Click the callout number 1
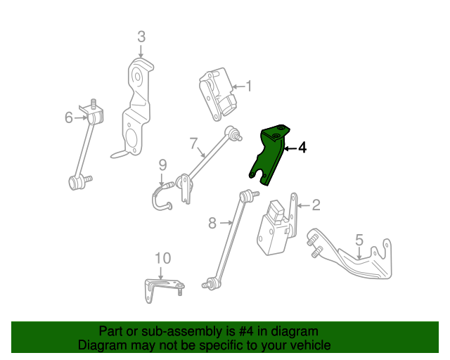click(x=248, y=87)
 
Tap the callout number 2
click(x=316, y=205)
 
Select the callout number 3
click(x=141, y=37)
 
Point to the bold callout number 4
click(x=302, y=148)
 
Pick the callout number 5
click(x=359, y=240)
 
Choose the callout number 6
click(x=69, y=117)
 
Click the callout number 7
click(x=193, y=143)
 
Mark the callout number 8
click(x=212, y=224)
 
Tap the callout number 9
click(x=162, y=166)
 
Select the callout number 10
click(x=162, y=258)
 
